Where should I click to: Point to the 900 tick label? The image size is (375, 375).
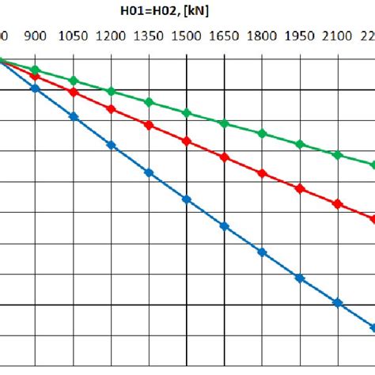pos(35,36)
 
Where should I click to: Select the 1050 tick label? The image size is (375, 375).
pos(73,36)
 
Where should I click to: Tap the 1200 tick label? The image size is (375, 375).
pos(111,36)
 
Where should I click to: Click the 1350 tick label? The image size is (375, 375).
pos(149,36)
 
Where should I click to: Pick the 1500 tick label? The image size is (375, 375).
pos(187,36)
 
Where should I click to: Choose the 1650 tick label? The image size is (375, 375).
pos(225,36)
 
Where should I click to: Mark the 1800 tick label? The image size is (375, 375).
pos(262,36)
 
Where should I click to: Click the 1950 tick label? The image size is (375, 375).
pos(300,36)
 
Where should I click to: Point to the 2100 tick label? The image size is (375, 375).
pos(338,36)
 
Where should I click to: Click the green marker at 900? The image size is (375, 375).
pos(36,70)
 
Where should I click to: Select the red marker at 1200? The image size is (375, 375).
pos(111,109)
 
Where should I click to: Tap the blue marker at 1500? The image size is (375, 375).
pos(187,199)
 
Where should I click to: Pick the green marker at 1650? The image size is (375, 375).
pos(224,123)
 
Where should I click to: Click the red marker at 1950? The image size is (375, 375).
pos(300,188)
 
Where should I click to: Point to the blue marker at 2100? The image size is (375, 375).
pos(338,303)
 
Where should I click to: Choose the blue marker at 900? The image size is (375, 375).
pos(36,88)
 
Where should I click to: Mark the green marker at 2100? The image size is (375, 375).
pos(338,155)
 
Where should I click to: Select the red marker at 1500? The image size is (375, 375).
pos(187,141)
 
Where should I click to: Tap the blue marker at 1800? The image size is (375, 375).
pos(262,252)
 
